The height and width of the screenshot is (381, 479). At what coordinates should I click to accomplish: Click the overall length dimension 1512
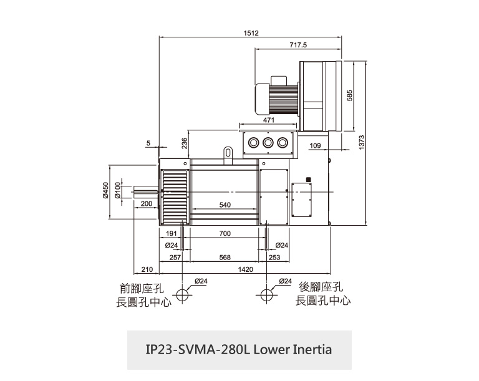click(251, 33)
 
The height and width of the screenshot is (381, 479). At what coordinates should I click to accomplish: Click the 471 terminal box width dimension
click(269, 120)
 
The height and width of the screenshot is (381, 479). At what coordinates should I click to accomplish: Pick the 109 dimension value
click(314, 145)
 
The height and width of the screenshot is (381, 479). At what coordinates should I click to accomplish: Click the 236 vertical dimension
click(185, 143)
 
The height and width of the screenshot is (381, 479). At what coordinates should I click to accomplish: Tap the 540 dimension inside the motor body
click(225, 205)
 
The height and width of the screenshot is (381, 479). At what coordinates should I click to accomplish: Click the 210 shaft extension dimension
click(147, 269)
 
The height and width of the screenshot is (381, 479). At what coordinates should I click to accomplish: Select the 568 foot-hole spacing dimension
click(225, 257)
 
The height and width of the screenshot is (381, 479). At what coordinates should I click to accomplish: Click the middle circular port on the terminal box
click(268, 142)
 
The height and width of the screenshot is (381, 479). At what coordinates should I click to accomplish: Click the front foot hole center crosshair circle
click(182, 294)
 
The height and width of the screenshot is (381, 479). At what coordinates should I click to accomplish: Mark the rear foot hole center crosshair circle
click(267, 294)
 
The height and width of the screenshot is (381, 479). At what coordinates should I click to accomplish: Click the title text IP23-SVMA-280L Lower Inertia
click(239, 349)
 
